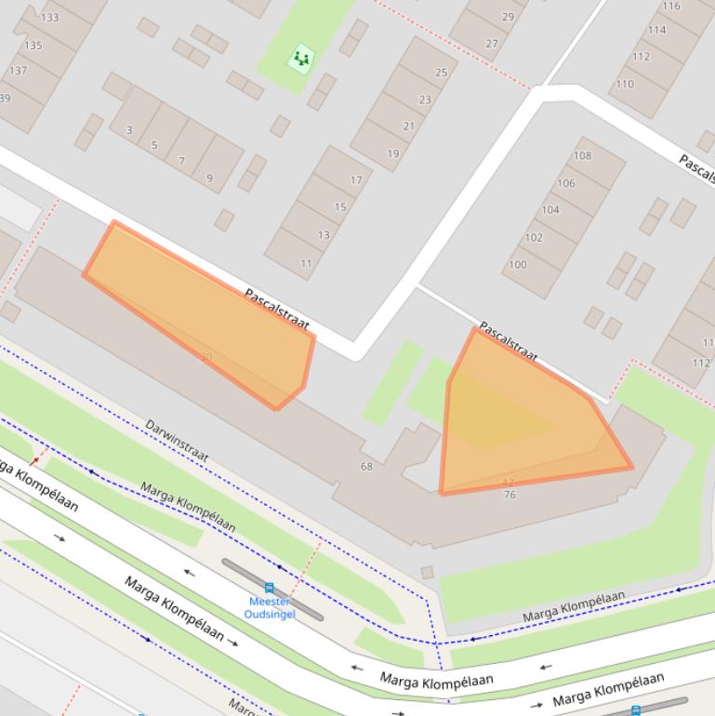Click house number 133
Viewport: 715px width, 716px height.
pyautogui.click(x=49, y=18)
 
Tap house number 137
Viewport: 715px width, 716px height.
pyautogui.click(x=18, y=71)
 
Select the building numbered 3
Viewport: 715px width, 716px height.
pyautogui.click(x=129, y=130)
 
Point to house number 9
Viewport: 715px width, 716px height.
pyautogui.click(x=209, y=178)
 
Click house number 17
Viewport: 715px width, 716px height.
pyautogui.click(x=356, y=180)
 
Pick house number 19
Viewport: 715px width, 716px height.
pyautogui.click(x=393, y=153)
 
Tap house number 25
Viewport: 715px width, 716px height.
pyautogui.click(x=441, y=73)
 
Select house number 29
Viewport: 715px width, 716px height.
pyautogui.click(x=508, y=17)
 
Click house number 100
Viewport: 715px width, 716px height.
pyautogui.click(x=517, y=264)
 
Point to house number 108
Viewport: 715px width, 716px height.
pyautogui.click(x=582, y=155)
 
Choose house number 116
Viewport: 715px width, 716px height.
pyautogui.click(x=670, y=7)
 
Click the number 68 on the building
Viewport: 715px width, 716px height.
pyautogui.click(x=366, y=466)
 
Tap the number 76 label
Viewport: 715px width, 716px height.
pyautogui.click(x=510, y=495)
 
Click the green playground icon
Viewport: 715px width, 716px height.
pyautogui.click(x=300, y=58)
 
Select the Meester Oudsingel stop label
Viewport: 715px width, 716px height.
pyautogui.click(x=269, y=607)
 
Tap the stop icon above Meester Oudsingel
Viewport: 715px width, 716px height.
pyautogui.click(x=270, y=588)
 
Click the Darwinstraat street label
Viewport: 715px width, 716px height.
pyautogui.click(x=177, y=441)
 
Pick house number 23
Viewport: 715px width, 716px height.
pyautogui.click(x=425, y=99)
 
